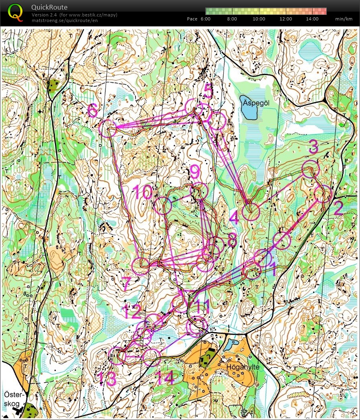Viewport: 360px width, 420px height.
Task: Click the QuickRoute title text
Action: pyautogui.click(x=49, y=7)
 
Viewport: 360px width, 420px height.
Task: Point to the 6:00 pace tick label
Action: pyautogui.click(x=205, y=19)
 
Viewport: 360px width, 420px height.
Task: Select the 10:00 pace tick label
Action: pyautogui.click(x=259, y=19)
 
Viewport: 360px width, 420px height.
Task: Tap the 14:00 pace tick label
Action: pyautogui.click(x=312, y=19)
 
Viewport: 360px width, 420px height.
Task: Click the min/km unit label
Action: pyautogui.click(x=344, y=19)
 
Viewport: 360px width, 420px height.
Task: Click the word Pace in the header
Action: pyautogui.click(x=192, y=19)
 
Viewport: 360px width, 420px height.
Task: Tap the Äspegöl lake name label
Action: pyautogui.click(x=256, y=103)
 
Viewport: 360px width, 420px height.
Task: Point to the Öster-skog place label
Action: pyautogui.click(x=14, y=398)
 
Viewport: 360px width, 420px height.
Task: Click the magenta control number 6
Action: pyautogui.click(x=93, y=110)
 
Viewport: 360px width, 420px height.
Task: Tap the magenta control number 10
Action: pyautogui.click(x=142, y=193)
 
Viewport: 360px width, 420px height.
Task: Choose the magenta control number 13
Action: pyautogui.click(x=106, y=378)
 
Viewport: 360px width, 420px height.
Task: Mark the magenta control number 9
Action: pyautogui.click(x=195, y=172)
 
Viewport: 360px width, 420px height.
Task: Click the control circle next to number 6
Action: pyautogui.click(x=108, y=128)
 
